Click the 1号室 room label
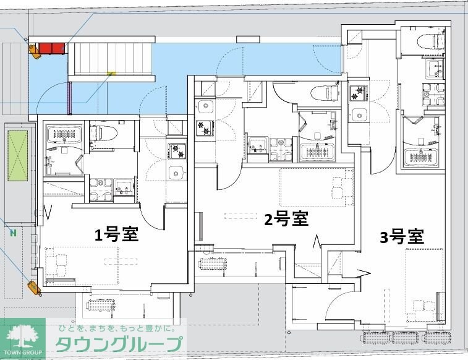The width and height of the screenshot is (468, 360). pyautogui.click(x=116, y=234)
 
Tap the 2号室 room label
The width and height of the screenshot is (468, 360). pyautogui.click(x=286, y=219)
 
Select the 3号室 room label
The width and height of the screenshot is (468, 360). pyautogui.click(x=402, y=237)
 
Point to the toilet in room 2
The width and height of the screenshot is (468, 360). pyautogui.click(x=325, y=93)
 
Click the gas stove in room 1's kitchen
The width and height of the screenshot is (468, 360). pyautogui.click(x=177, y=152)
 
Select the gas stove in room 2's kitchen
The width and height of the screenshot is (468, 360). pyautogui.click(x=205, y=128)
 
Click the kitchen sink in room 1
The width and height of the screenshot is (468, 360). pyautogui.click(x=176, y=173)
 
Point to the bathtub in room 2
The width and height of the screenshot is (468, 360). pyautogui.click(x=317, y=152)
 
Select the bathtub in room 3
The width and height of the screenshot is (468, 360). pyautogui.click(x=420, y=158)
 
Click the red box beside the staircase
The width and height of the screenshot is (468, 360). pyautogui.click(x=52, y=49)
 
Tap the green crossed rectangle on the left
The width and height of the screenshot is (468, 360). pyautogui.click(x=17, y=156)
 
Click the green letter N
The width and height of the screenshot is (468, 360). pyautogui.click(x=13, y=233)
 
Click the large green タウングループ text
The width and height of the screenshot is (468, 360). pyautogui.click(x=119, y=344)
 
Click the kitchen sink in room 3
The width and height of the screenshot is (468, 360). pyautogui.click(x=359, y=114)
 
